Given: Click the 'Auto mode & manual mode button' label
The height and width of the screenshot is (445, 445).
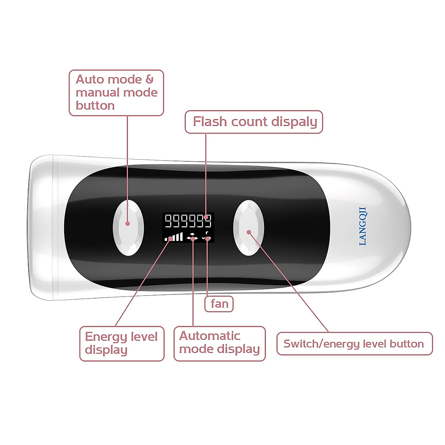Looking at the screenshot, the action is pyautogui.click(x=116, y=93).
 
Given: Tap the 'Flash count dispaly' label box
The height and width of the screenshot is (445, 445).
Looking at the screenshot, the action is pyautogui.click(x=254, y=122).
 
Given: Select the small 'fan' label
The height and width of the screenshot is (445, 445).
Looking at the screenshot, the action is pyautogui.click(x=219, y=304).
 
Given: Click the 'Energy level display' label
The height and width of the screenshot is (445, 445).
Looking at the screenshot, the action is pyautogui.click(x=122, y=343).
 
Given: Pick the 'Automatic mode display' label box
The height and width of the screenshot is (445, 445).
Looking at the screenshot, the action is pyautogui.click(x=220, y=343).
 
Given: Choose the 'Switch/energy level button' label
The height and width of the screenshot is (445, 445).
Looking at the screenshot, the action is pyautogui.click(x=354, y=344).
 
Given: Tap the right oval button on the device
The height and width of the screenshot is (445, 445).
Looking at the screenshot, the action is pyautogui.click(x=248, y=228).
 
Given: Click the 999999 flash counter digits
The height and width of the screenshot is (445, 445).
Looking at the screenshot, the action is pyautogui.click(x=188, y=221).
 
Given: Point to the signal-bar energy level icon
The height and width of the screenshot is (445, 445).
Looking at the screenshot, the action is pyautogui.click(x=174, y=237).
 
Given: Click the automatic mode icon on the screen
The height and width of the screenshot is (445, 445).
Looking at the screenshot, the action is pyautogui.click(x=192, y=237).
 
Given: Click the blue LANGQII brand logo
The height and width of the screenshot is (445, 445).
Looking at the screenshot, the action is pyautogui.click(x=363, y=226).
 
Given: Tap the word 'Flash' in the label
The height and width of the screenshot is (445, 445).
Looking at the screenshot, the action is pyautogui.click(x=210, y=122).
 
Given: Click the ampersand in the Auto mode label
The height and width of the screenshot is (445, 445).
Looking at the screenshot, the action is pyautogui.click(x=149, y=79).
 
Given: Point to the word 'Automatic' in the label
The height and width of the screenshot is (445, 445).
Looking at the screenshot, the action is pyautogui.click(x=210, y=336).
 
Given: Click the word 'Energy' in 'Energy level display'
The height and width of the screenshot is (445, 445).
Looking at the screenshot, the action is pyautogui.click(x=106, y=337).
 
